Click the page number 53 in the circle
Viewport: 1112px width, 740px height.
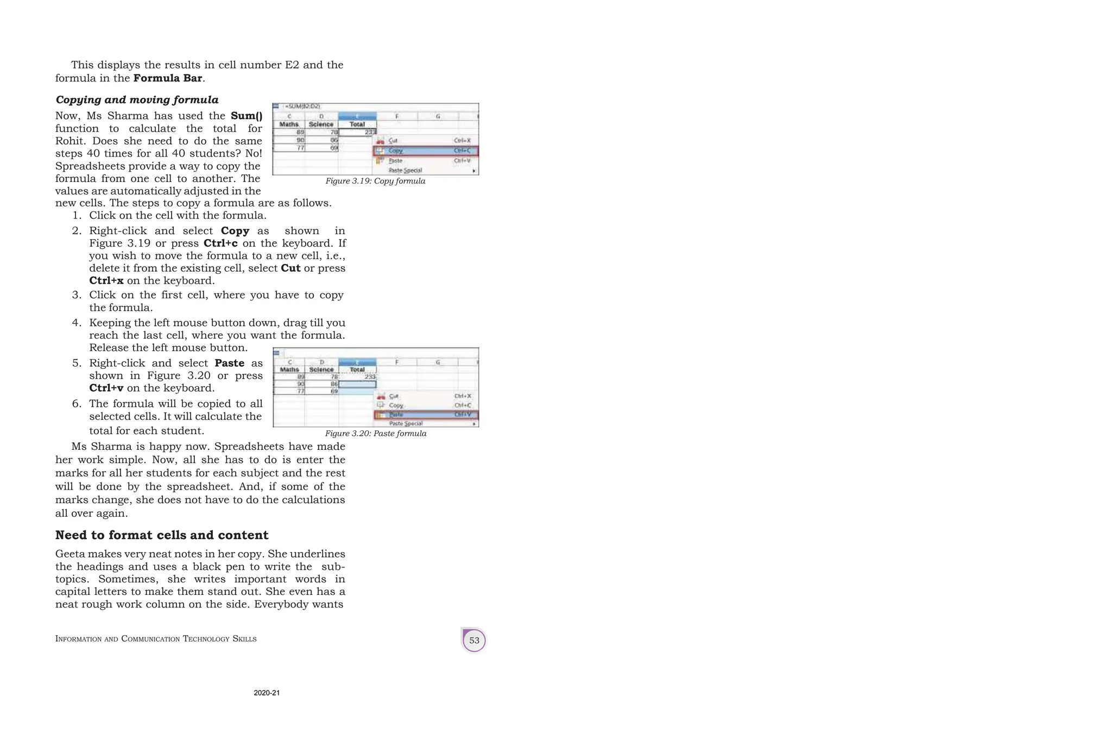tap(474, 640)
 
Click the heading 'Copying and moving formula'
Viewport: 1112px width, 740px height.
tap(137, 100)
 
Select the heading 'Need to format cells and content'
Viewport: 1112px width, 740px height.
tap(162, 535)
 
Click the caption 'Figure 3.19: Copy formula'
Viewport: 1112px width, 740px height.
tap(375, 181)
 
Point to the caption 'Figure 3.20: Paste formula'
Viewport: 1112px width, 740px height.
tap(376, 434)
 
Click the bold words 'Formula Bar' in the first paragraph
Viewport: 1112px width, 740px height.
tap(168, 78)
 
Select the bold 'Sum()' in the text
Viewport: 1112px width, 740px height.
tap(247, 116)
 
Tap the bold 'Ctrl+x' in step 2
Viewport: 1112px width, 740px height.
tap(106, 281)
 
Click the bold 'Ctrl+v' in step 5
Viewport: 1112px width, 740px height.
tap(106, 388)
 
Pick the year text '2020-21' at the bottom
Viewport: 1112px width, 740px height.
tap(267, 693)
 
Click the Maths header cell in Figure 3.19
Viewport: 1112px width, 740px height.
tap(289, 124)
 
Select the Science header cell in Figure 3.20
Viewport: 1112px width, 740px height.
tap(321, 369)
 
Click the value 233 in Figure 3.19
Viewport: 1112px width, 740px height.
tap(370, 132)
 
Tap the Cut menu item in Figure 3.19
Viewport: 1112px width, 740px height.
tap(393, 141)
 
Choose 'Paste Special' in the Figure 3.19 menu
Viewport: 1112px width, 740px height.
tap(405, 171)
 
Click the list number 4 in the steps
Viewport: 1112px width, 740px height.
tap(76, 323)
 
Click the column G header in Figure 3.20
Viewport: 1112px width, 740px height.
tap(438, 362)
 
